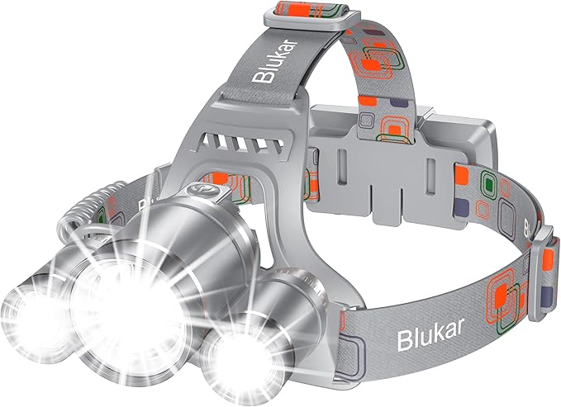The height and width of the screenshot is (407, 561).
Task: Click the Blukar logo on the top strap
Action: click(x=275, y=62)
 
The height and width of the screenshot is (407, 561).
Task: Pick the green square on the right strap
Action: click(x=489, y=184)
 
